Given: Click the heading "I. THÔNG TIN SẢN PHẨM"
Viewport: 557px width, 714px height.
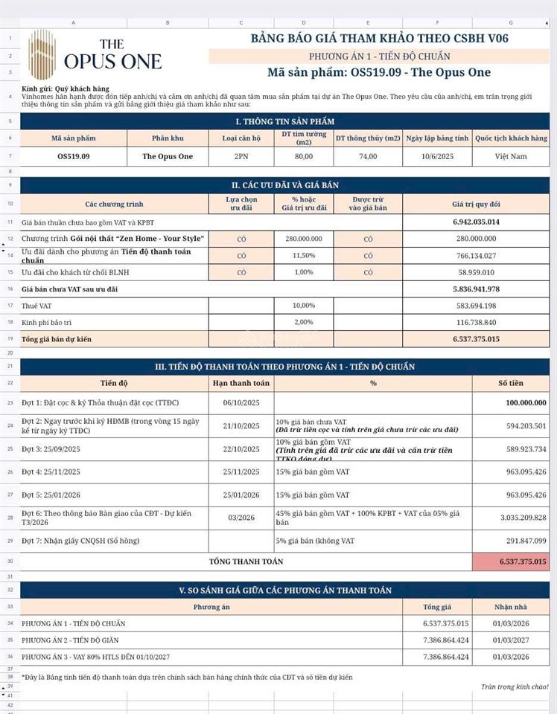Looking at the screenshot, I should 284,121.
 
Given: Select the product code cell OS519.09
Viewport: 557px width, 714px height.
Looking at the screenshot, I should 74,156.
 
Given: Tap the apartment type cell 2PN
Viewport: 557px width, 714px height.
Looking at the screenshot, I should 241,156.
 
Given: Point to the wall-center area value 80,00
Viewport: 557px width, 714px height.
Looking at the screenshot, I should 303,156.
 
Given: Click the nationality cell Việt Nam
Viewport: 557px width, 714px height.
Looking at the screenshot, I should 511,156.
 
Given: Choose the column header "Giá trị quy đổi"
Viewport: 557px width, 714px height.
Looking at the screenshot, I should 476,203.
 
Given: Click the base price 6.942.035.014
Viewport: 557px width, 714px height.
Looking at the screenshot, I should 476,222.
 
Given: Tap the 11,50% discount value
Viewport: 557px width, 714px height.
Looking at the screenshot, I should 303,255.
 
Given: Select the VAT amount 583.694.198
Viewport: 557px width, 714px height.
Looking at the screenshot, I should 476,306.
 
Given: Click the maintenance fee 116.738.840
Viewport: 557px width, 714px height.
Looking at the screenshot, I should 476,322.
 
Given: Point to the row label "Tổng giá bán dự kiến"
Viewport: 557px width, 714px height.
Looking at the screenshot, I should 57,338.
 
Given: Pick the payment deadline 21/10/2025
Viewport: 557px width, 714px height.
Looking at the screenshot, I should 241,426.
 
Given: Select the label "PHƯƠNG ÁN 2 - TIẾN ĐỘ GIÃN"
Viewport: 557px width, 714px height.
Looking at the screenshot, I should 70,640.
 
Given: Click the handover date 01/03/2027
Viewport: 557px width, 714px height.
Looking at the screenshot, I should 511,640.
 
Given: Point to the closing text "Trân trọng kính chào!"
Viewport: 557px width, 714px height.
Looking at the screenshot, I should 515,686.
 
